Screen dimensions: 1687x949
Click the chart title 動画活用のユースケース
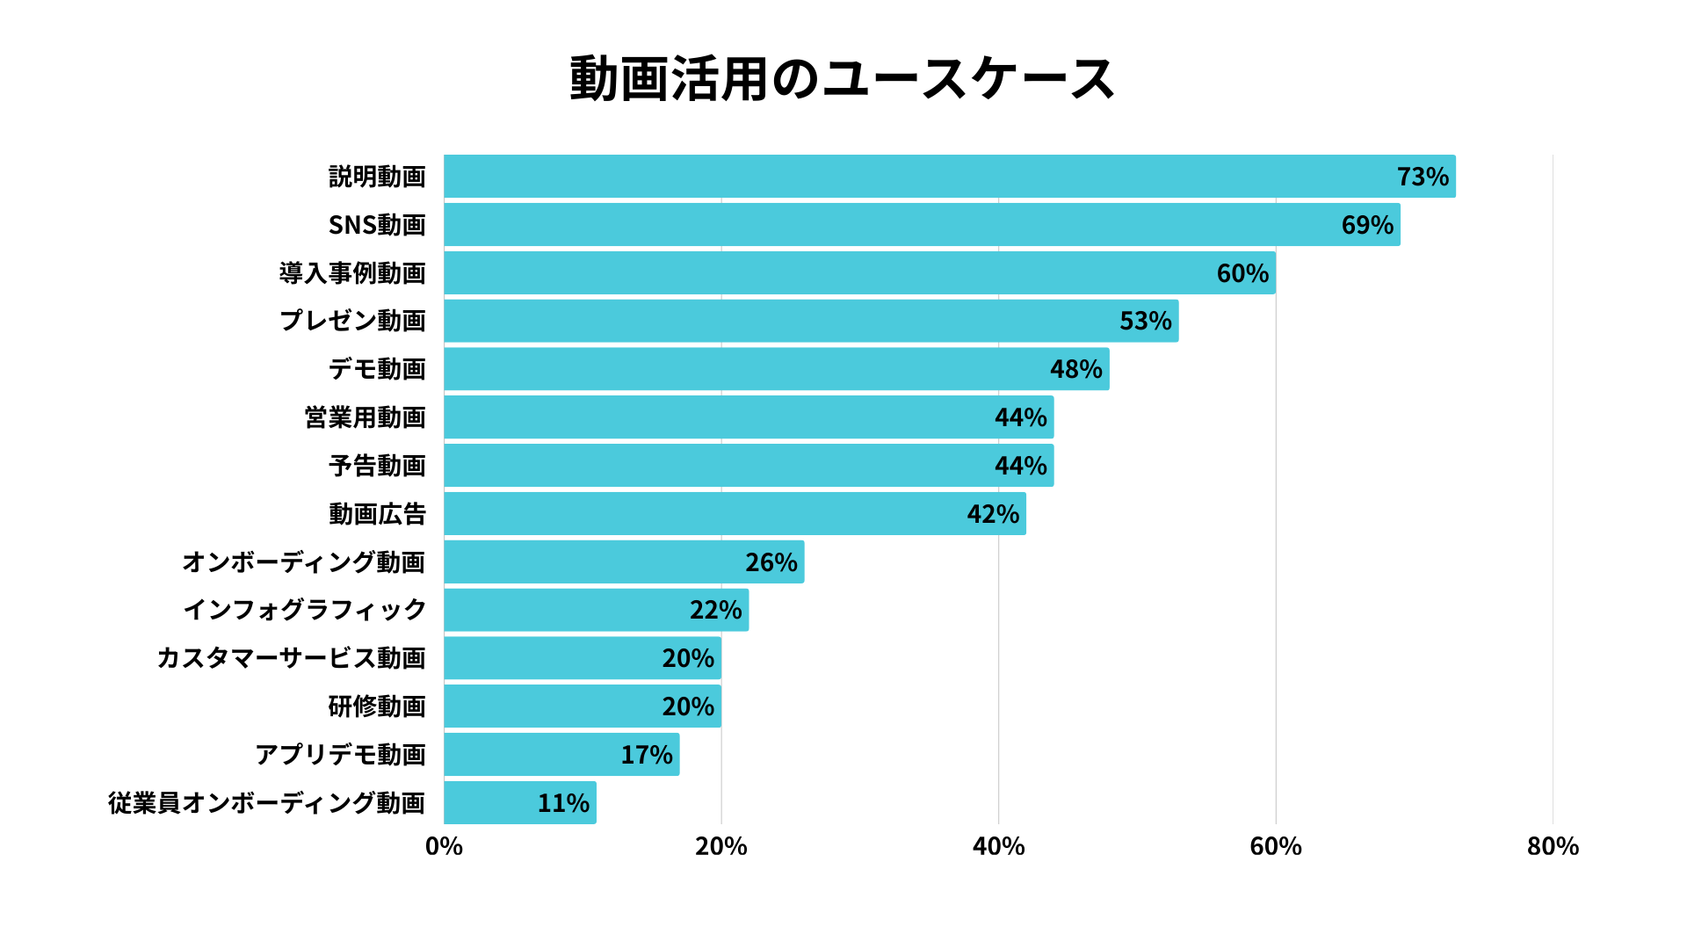click(842, 79)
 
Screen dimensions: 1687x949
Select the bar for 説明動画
click(949, 177)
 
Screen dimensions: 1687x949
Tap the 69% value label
click(1367, 225)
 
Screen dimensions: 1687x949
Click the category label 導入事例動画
click(352, 273)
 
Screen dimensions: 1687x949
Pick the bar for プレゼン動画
click(810, 321)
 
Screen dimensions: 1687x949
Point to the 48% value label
click(1075, 369)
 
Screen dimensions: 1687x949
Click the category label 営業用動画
click(365, 417)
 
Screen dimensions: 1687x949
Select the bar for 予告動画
click(749, 466)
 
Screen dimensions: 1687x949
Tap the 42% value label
click(993, 514)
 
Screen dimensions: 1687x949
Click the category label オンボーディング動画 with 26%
click(303, 562)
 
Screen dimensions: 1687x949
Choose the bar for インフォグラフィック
click(596, 610)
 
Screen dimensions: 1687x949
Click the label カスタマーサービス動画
click(291, 658)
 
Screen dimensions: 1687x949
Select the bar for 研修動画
click(582, 706)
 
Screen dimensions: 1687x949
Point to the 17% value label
click(647, 755)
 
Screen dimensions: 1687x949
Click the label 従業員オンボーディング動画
click(266, 803)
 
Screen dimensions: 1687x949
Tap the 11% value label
click(563, 803)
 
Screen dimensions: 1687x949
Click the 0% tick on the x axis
click(444, 846)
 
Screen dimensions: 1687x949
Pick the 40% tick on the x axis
click(998, 846)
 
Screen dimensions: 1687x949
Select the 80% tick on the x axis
click(1553, 846)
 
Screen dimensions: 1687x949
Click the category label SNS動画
click(377, 225)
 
